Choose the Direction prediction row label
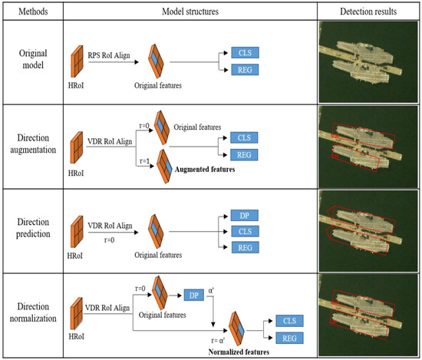point(34,223)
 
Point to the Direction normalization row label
point(34,307)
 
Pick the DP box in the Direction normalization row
point(193,294)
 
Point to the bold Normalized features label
point(239,352)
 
